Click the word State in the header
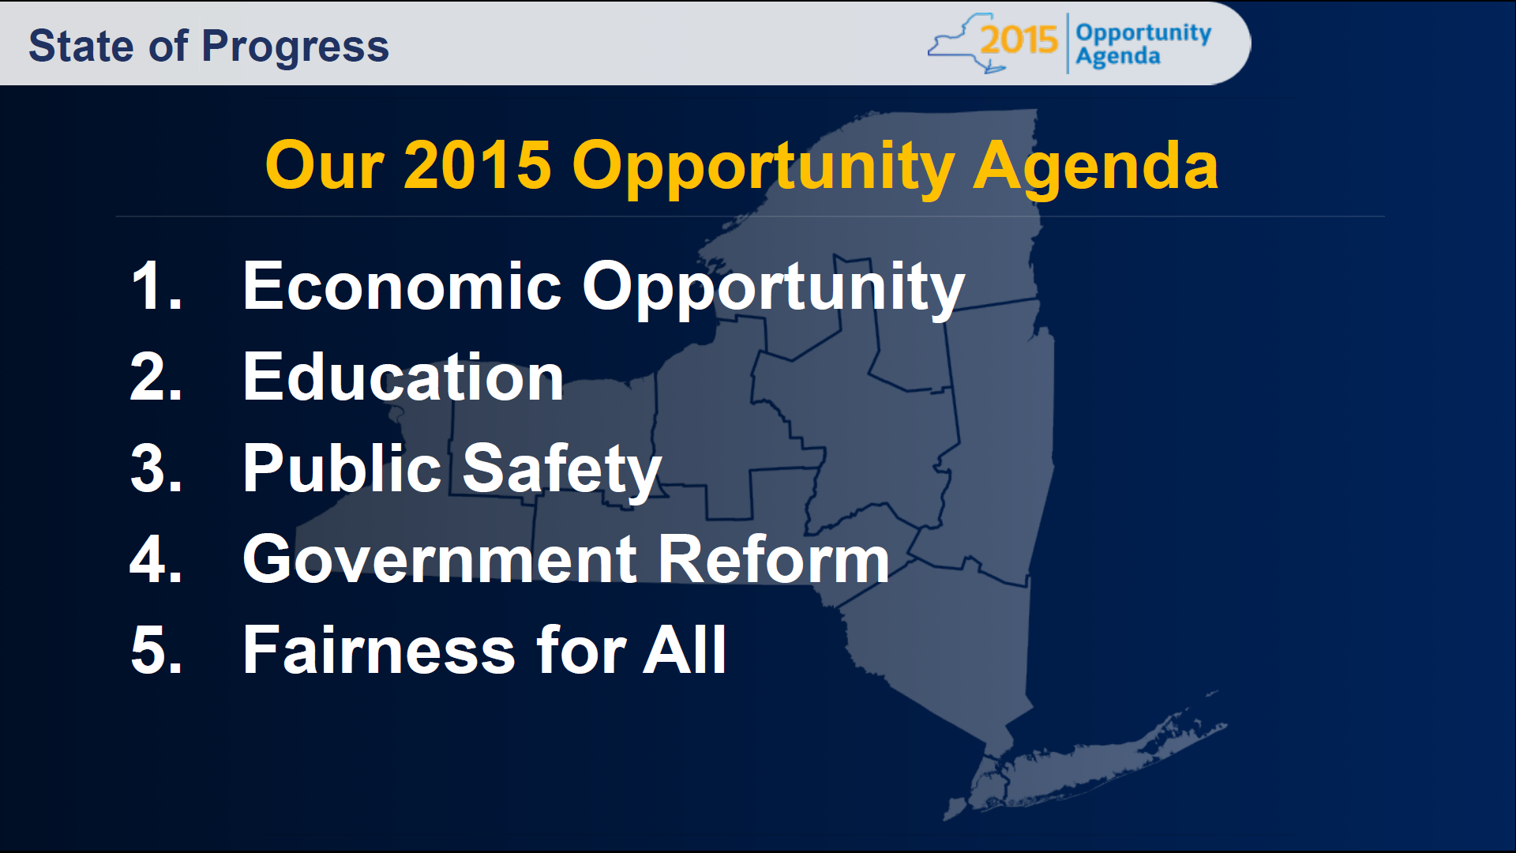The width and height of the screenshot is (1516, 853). coord(81,46)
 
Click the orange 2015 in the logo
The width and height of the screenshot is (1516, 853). coord(1019,39)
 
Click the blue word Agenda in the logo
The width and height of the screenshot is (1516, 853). coord(1117,57)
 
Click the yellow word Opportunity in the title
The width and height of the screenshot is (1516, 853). coord(763,167)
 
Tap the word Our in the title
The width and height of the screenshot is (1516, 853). coord(325,166)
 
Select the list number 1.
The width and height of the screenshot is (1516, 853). coord(155,286)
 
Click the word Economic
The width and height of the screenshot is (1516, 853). coord(401,286)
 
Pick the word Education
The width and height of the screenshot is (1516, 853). coord(403,378)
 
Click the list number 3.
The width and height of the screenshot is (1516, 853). coord(156,468)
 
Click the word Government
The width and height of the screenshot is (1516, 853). coord(439,559)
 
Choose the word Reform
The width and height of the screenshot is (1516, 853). coord(773,559)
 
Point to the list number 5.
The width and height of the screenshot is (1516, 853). coord(156,650)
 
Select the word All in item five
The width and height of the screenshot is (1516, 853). coord(684,650)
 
